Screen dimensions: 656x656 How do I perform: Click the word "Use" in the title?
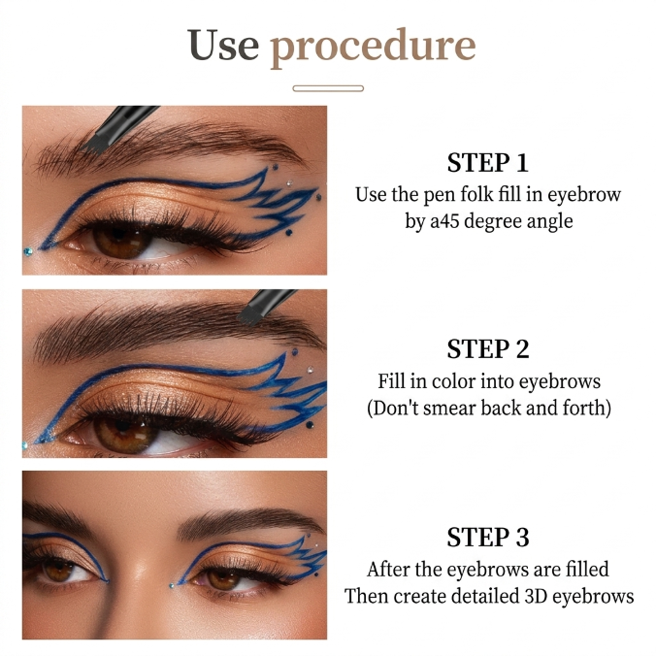[223, 45]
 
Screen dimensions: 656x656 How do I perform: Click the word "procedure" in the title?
[374, 48]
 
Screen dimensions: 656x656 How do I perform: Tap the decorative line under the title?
[328, 88]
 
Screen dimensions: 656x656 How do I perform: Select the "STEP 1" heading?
[488, 162]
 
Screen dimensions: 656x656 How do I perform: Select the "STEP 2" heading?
[488, 349]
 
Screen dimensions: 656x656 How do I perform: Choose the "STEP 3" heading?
[488, 538]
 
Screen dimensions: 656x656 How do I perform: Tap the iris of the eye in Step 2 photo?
[124, 435]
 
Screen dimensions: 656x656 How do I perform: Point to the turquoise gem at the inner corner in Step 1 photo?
[28, 251]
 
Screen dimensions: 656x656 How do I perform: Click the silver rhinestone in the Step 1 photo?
[289, 182]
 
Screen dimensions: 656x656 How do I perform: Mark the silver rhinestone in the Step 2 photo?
[310, 370]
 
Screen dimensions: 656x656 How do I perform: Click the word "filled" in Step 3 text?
[587, 570]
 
